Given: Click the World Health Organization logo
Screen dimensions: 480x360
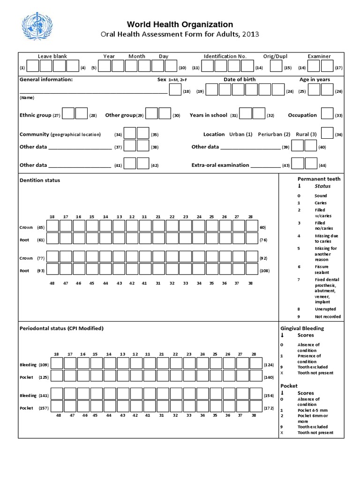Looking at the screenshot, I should [x=36, y=29].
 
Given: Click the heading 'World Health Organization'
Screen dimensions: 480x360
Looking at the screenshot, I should [x=180, y=24].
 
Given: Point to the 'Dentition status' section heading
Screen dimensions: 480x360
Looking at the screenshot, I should [x=40, y=180].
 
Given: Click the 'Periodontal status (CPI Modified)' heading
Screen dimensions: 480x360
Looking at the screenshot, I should [x=61, y=328].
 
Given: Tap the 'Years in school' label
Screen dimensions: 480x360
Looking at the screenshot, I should [x=208, y=115].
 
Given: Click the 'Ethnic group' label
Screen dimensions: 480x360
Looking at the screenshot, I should [x=35, y=115].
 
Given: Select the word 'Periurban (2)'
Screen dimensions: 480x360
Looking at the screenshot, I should [x=274, y=134].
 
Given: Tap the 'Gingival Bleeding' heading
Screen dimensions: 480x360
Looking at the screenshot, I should [x=302, y=328].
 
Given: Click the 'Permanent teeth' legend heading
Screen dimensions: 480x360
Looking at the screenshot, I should [x=319, y=179].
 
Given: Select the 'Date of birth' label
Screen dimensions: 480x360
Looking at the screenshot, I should [x=240, y=79].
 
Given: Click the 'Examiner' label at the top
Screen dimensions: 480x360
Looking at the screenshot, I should [x=319, y=56].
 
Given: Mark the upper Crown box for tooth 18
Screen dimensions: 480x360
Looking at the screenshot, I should [x=52, y=226].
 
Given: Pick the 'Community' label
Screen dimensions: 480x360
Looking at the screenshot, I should [x=34, y=134].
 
